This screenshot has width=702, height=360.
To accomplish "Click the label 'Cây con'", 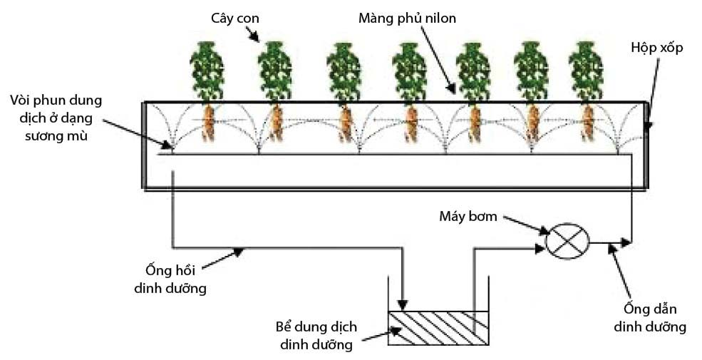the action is click(x=235, y=19).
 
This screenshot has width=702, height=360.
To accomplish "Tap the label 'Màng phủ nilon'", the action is click(x=408, y=19).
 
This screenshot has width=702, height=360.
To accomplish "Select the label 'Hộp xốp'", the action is click(x=657, y=48).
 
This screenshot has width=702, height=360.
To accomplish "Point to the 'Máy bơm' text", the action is click(x=468, y=216).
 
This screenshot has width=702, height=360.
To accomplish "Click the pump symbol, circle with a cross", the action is click(x=567, y=241).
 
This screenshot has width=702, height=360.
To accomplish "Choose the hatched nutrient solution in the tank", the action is click(x=438, y=328).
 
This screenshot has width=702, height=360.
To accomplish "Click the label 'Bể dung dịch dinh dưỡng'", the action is click(x=316, y=335).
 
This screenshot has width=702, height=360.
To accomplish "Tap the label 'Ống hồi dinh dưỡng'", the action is click(x=170, y=279).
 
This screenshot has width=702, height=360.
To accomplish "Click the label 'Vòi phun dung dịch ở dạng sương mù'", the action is click(x=56, y=118).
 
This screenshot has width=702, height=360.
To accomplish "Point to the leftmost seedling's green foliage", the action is click(x=207, y=71).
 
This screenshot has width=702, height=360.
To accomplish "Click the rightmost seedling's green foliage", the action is click(x=586, y=71).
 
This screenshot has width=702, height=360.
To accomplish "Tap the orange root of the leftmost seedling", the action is click(x=208, y=123).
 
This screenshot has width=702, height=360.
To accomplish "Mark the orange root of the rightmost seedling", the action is click(x=588, y=123).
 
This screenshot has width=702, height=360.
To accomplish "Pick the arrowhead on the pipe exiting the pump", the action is click(x=626, y=243).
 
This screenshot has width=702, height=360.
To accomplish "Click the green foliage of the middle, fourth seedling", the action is click(x=409, y=71).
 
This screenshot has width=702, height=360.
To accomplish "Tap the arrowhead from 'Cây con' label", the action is click(x=256, y=38).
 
